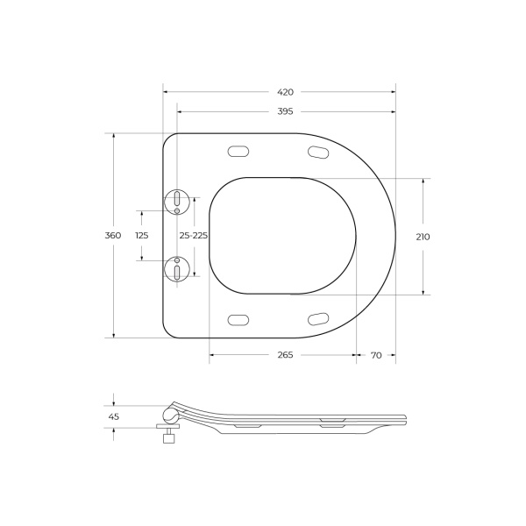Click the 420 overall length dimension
point(285,91)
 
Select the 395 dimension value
point(285,111)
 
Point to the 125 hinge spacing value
point(141,236)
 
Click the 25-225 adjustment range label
point(193,236)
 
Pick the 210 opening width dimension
point(423,236)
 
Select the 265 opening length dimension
point(284,355)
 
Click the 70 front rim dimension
point(376,355)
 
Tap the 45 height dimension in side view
point(113,416)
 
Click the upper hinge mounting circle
point(177,201)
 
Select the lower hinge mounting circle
point(177,269)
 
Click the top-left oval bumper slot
point(238,152)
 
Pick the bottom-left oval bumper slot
point(238,319)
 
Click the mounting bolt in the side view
point(167,436)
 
